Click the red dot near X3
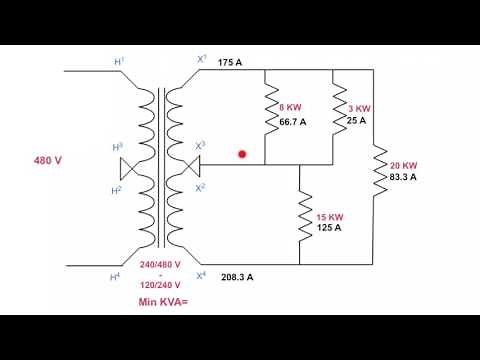[x=242, y=154]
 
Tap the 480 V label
[x=49, y=160]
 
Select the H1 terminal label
[x=120, y=62]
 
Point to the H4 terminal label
[x=115, y=275]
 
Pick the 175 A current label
[x=229, y=62]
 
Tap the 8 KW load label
[x=291, y=106]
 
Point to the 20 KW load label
[x=403, y=165]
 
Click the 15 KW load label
[x=330, y=217]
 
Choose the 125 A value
[x=330, y=228]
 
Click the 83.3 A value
[x=403, y=177]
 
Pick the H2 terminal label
[x=116, y=189]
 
